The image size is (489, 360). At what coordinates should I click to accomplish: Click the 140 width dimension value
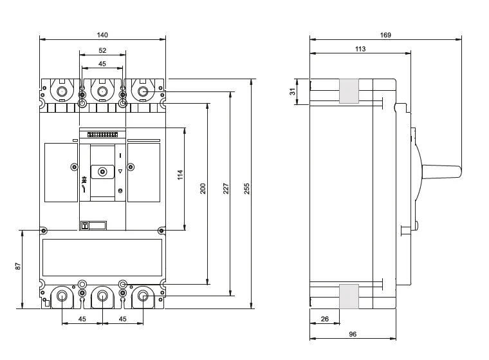(102, 34)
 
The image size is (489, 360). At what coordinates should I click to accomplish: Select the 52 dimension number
(102, 50)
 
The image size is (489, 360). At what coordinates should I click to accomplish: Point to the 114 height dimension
(181, 175)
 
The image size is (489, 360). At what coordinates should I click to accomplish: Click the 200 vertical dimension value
(203, 188)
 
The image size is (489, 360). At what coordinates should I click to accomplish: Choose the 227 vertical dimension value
(226, 188)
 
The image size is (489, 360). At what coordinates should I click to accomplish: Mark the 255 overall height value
(247, 188)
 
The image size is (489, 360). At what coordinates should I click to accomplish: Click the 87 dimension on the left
(19, 265)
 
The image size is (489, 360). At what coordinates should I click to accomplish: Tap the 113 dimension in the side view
(360, 49)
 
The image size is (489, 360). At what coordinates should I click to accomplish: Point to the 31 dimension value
(293, 91)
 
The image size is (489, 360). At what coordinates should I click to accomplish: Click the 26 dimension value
(324, 319)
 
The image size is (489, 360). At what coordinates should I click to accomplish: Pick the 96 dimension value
(353, 334)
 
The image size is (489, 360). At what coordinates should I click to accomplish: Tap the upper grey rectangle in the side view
(349, 91)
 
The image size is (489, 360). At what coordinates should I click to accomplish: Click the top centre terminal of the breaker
(102, 92)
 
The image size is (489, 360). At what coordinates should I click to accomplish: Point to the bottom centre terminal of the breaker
(102, 296)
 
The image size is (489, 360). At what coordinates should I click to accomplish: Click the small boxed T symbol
(84, 225)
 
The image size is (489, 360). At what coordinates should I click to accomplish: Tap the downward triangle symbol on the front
(120, 171)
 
